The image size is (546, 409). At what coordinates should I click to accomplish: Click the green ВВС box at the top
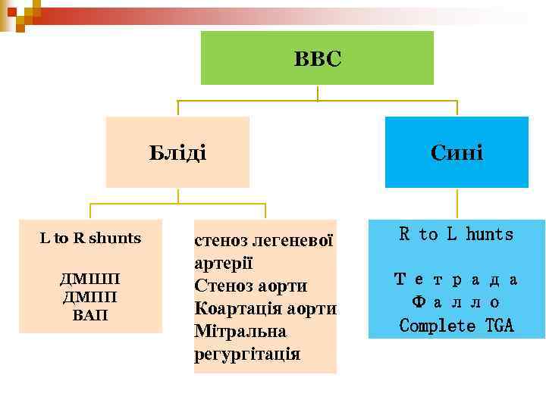tap(317, 58)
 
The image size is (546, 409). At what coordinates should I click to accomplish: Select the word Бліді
tap(177, 152)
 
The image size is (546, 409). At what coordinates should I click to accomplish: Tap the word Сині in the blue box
tap(457, 152)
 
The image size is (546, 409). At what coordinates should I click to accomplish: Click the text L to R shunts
tap(90, 238)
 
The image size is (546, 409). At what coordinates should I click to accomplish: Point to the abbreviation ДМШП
tap(90, 279)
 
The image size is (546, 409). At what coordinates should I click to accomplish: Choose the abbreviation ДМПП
tap(90, 297)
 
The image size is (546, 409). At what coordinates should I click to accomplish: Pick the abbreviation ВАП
tap(90, 314)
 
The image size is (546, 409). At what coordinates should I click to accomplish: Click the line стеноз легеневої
tap(264, 241)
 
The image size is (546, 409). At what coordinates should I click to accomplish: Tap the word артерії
tap(223, 264)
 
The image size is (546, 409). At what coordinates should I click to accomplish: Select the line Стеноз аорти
tap(251, 286)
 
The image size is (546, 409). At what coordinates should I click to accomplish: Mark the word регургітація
tap(247, 354)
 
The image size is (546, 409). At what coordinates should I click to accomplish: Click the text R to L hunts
tap(456, 235)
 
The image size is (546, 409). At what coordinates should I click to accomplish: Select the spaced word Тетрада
tap(456, 279)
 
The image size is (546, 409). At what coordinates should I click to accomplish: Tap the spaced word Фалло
tap(456, 302)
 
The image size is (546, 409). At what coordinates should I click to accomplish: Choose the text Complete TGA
tap(456, 326)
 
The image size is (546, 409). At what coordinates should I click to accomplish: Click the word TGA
tap(499, 326)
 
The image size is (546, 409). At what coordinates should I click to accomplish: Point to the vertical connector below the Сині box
tap(457, 203)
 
